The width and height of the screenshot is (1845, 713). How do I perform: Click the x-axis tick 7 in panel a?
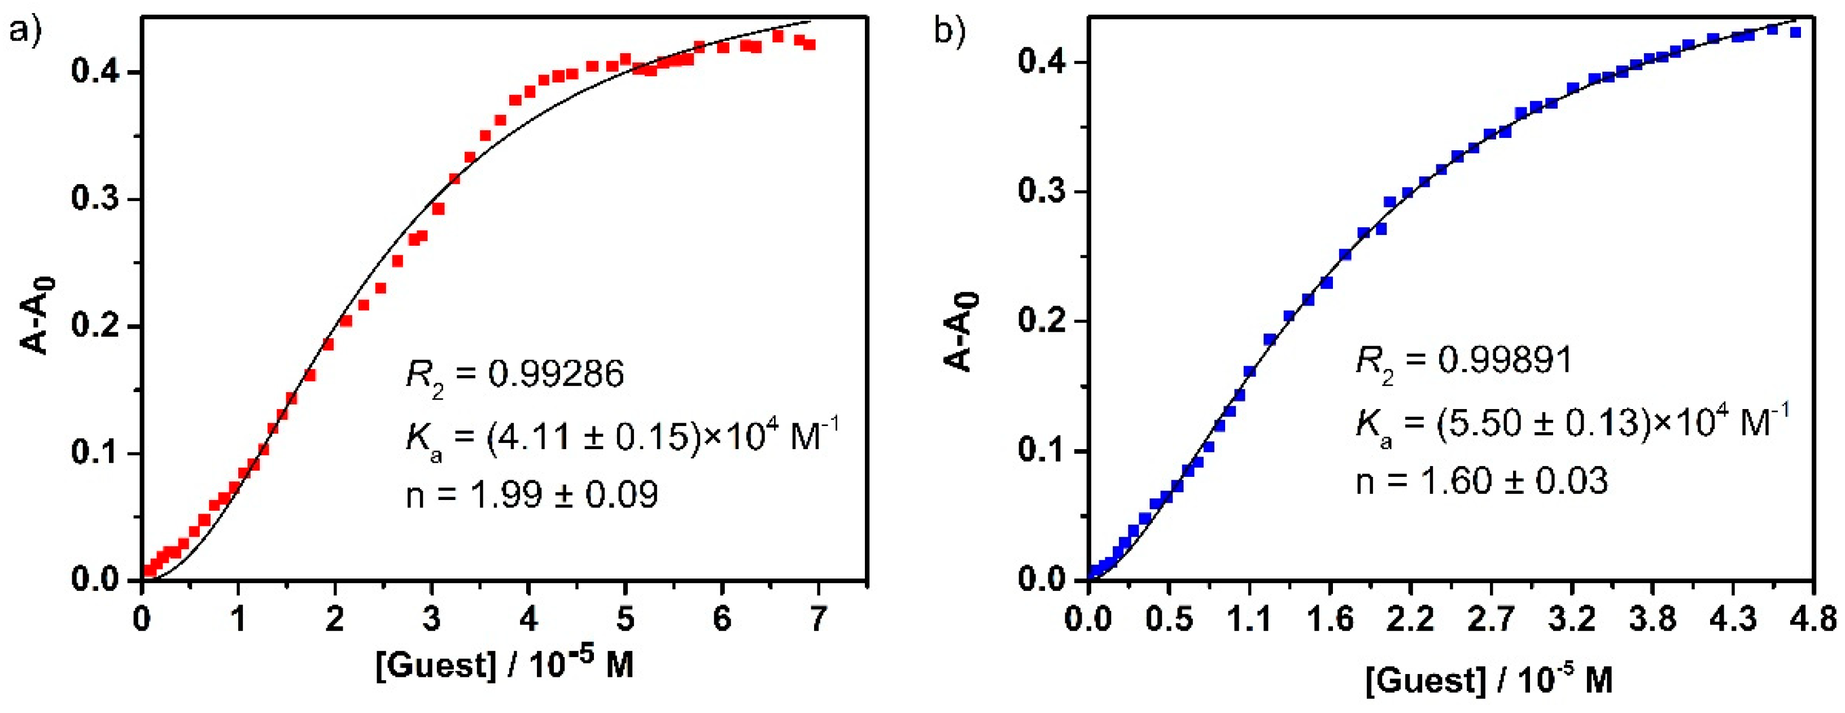pyautogui.click(x=818, y=618)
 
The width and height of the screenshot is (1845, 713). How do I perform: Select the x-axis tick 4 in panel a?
pyautogui.click(x=528, y=618)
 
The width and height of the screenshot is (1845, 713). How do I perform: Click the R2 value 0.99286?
pyautogui.click(x=556, y=374)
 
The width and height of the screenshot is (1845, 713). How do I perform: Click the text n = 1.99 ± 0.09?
pyautogui.click(x=531, y=494)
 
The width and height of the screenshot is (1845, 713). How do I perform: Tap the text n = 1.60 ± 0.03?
pyautogui.click(x=1482, y=480)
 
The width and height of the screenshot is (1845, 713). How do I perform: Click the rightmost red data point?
pyautogui.click(x=810, y=45)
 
